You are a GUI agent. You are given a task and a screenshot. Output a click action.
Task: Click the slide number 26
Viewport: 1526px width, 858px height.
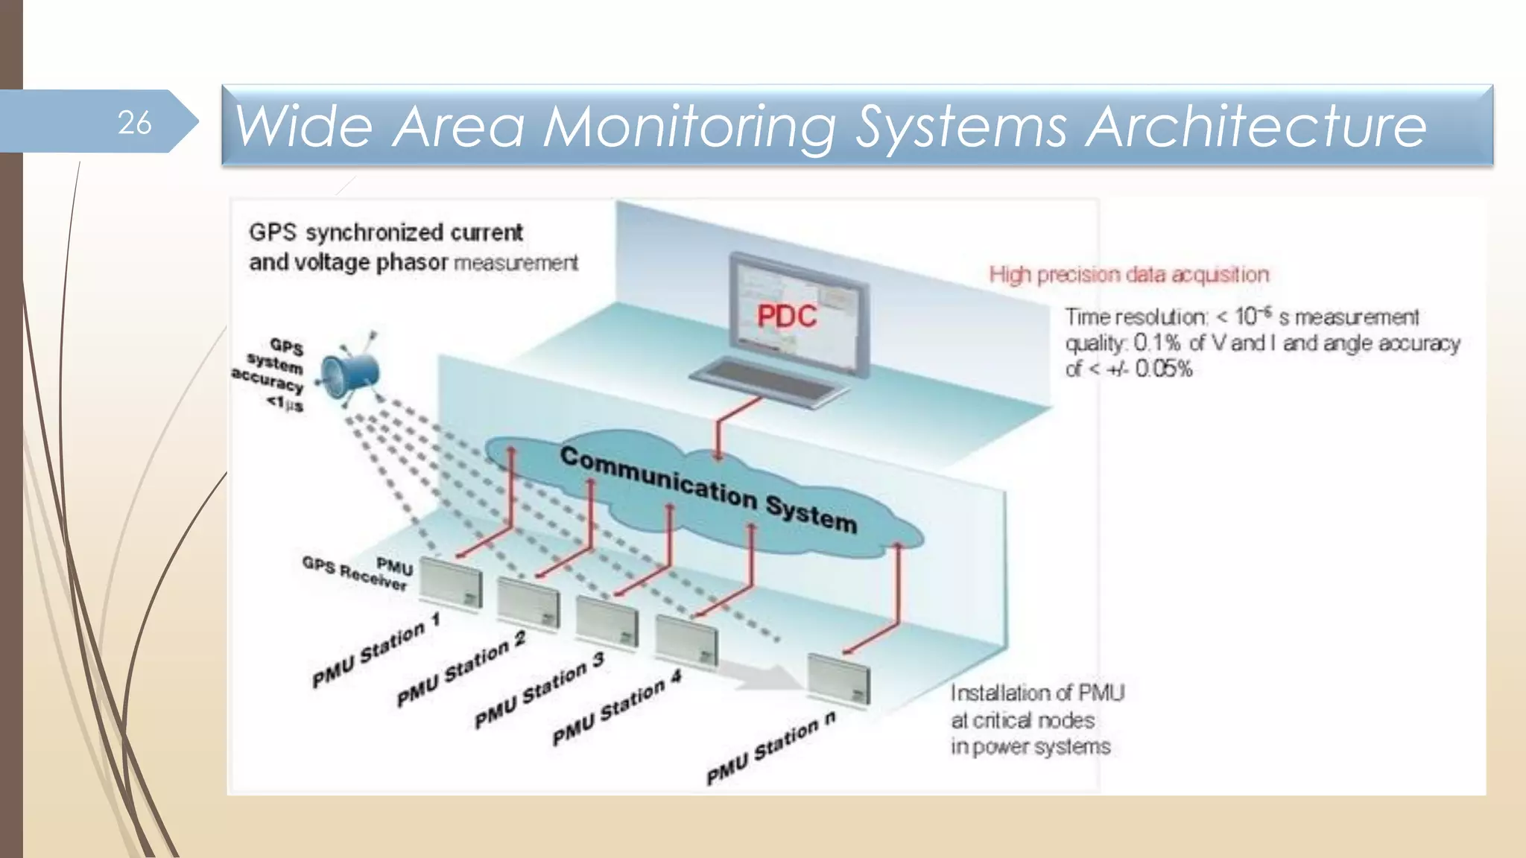134,123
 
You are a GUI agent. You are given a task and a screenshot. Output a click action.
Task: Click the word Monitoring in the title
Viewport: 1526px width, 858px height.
689,127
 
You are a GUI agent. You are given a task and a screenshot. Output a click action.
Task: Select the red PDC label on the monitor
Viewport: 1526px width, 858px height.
786,317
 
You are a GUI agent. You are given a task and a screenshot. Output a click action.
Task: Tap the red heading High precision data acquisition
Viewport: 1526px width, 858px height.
1128,275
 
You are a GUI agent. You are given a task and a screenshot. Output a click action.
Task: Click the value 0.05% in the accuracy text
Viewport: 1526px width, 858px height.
1163,369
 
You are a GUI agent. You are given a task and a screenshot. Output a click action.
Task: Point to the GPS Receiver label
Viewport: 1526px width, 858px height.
354,573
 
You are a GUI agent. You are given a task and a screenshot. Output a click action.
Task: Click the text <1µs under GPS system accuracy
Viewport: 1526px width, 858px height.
285,403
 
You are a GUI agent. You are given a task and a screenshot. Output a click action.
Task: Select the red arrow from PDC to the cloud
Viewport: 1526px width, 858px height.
718,432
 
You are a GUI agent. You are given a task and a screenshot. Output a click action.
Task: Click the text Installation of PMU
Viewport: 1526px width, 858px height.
1036,693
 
